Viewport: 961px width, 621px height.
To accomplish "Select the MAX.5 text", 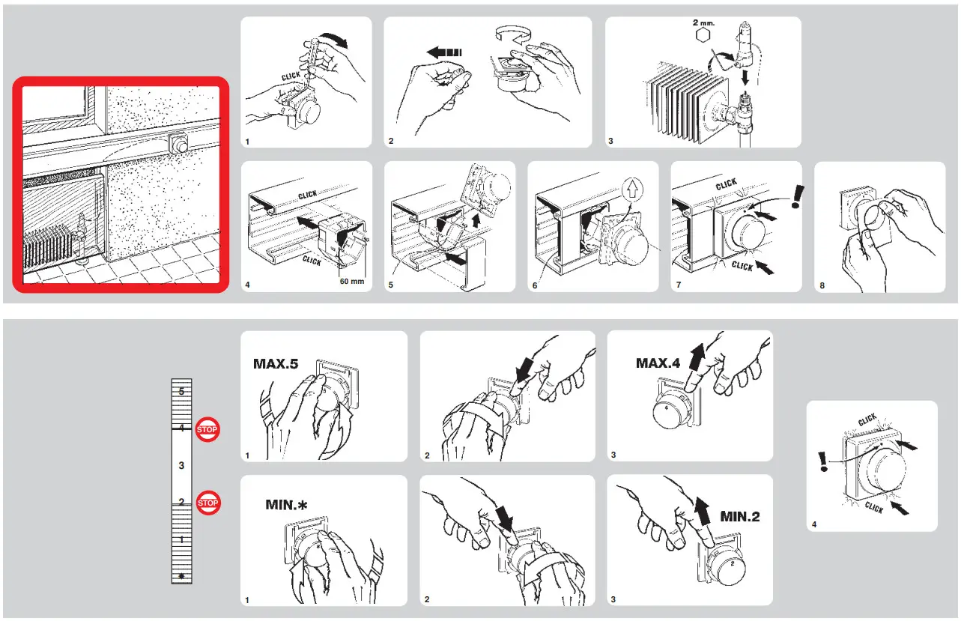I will click(276, 365).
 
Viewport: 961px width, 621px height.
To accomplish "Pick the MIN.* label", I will click(286, 505).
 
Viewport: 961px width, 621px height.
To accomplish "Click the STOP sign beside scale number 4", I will click(207, 429).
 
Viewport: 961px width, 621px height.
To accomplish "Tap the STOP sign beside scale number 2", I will click(207, 503).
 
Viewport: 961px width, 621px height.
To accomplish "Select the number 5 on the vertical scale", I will click(181, 391).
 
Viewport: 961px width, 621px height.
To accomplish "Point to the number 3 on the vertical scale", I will click(181, 465).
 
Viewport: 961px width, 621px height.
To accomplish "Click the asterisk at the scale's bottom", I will click(181, 576).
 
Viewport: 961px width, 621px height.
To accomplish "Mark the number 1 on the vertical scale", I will click(181, 539).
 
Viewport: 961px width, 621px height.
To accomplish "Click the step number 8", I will click(822, 285).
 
